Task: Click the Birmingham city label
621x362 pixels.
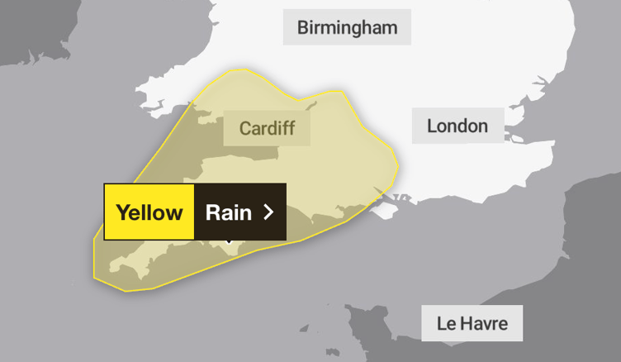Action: [347, 28]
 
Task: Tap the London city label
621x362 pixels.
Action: [457, 126]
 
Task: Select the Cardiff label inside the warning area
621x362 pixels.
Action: [267, 128]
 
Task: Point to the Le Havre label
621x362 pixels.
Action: [472, 323]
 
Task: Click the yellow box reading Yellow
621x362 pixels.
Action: [149, 212]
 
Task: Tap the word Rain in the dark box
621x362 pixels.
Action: [228, 212]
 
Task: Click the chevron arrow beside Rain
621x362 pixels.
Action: [268, 212]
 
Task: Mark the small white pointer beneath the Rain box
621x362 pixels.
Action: [230, 244]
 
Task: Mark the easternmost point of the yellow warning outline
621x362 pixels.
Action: [396, 169]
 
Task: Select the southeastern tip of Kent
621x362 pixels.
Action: [549, 161]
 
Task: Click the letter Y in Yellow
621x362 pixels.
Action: [122, 212]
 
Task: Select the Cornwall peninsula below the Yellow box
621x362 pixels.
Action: [140, 260]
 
